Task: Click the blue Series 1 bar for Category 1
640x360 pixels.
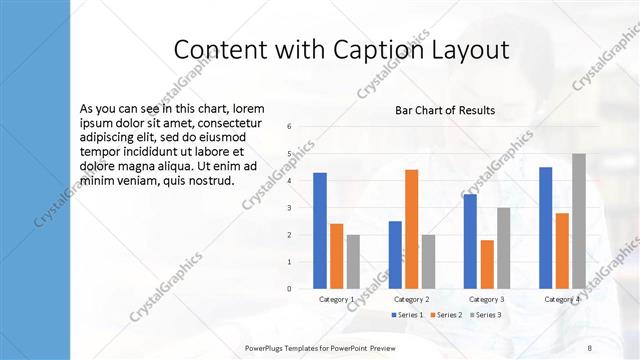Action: pos(320,231)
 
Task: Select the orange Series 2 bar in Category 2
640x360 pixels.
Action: pos(411,229)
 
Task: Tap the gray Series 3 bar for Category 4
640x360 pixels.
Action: pos(579,221)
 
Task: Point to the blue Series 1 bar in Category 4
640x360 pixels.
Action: pos(545,228)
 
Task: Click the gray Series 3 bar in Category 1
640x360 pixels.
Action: pos(353,262)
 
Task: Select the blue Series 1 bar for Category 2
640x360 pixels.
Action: pos(395,255)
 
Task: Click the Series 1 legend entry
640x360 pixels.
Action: pos(406,315)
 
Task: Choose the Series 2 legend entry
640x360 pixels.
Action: pos(445,315)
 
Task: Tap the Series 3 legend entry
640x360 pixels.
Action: pos(484,315)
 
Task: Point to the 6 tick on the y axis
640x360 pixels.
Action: pos(289,127)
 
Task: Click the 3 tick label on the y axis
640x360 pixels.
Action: pos(289,208)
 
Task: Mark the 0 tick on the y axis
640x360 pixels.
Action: pos(289,289)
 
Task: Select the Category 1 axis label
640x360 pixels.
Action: pos(337,299)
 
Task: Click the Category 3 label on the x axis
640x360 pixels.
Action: pos(487,299)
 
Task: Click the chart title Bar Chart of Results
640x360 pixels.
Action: pos(446,110)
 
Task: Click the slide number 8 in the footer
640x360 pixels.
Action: pos(588,346)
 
